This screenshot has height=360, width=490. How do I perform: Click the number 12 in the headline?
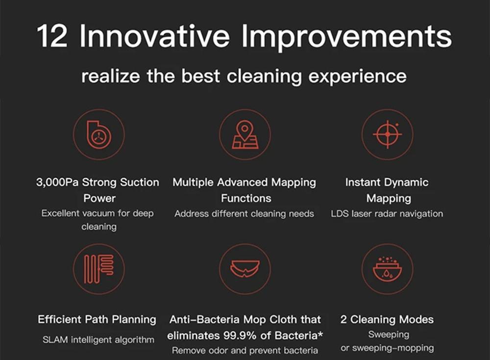(x=52, y=36)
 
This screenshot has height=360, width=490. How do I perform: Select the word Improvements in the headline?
(x=346, y=38)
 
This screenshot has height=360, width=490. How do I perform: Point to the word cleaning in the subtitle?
(x=264, y=77)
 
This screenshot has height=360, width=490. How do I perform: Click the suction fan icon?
(x=99, y=134)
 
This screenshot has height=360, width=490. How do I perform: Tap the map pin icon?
(x=245, y=135)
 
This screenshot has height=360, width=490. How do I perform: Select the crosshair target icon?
(x=388, y=134)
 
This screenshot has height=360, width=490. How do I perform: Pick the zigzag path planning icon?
(x=99, y=269)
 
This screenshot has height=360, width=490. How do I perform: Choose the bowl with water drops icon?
(x=388, y=269)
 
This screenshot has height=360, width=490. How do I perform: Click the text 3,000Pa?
(x=57, y=182)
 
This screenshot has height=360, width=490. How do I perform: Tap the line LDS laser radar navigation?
(x=387, y=214)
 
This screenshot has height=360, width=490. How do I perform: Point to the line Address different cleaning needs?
(x=244, y=214)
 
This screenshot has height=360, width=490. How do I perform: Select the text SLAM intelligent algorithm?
(x=98, y=340)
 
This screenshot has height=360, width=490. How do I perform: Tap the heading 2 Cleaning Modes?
(x=387, y=320)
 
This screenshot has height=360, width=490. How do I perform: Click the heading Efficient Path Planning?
(x=97, y=320)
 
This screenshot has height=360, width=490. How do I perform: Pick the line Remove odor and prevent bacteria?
(x=245, y=351)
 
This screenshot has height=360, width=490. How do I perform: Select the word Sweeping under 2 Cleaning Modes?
(x=389, y=335)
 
